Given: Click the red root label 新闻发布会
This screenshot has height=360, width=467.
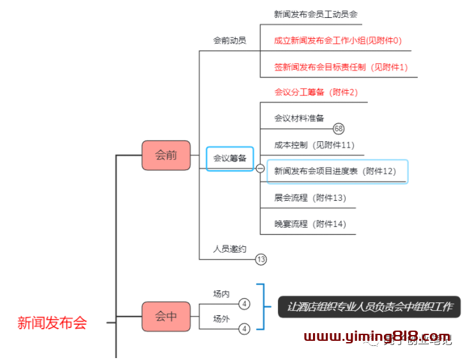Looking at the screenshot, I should click(52, 323).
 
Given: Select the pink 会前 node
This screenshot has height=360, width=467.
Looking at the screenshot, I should click(166, 155).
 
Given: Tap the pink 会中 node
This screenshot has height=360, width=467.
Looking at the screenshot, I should click(166, 316).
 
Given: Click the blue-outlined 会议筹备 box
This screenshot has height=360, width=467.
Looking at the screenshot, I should click(230, 158).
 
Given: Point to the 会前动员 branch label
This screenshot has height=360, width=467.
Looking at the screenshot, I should click(230, 40).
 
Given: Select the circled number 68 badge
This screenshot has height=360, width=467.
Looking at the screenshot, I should click(339, 129).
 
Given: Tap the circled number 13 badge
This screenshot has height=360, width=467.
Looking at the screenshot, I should click(261, 260).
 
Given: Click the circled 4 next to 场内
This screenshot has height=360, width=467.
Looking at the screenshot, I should click(245, 304).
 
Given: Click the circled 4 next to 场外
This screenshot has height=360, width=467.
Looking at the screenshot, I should click(245, 329).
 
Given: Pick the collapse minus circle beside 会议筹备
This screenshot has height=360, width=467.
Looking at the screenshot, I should click(260, 169).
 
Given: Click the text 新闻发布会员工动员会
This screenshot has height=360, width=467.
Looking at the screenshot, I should click(316, 14).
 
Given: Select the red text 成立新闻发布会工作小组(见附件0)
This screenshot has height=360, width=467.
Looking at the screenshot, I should click(338, 40).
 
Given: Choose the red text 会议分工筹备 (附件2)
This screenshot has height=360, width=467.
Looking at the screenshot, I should click(316, 92).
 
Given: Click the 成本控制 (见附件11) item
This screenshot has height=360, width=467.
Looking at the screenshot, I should click(314, 145).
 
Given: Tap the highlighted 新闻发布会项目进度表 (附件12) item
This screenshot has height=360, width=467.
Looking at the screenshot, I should click(335, 171).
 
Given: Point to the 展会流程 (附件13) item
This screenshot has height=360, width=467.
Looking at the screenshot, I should click(310, 198).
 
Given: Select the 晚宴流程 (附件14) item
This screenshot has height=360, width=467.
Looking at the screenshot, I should click(310, 224).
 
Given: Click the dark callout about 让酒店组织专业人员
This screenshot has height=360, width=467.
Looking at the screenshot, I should click(369, 307).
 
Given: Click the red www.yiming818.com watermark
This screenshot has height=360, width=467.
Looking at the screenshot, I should click(377, 336).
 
